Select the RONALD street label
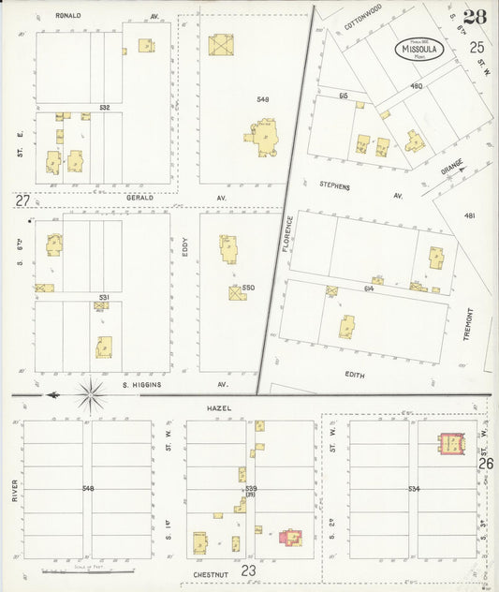pyautogui.click(x=68, y=16)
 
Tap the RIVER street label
pyautogui.click(x=16, y=491)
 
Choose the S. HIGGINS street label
pyautogui.click(x=142, y=384)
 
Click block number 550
pyautogui.click(x=248, y=288)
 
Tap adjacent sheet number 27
pyautogui.click(x=22, y=200)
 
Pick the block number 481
pyautogui.click(x=469, y=215)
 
